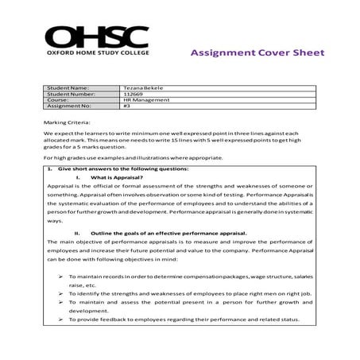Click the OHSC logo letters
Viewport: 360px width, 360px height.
[x=96, y=37]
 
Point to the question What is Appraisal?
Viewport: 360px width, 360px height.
[x=122, y=178]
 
